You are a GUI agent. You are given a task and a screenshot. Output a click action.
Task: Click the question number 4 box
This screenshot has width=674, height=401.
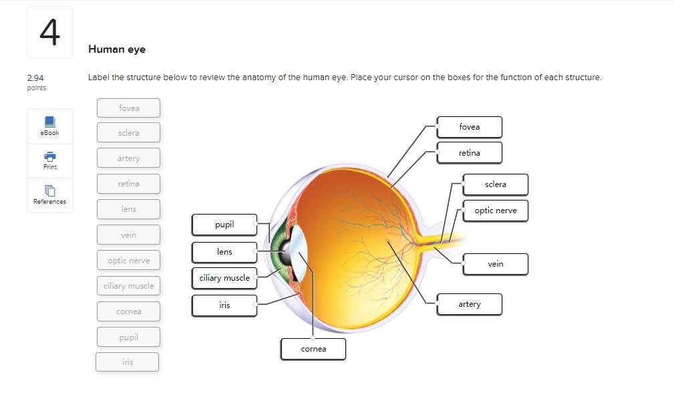coord(49,32)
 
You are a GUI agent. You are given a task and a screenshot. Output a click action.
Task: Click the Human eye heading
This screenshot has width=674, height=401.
coord(117,49)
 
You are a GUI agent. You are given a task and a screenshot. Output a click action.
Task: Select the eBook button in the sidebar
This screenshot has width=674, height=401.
coord(49,126)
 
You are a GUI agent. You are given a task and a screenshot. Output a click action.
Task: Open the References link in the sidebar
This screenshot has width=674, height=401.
coord(49,194)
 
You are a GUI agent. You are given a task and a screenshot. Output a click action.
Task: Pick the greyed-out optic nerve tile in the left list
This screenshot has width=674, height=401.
coord(128,260)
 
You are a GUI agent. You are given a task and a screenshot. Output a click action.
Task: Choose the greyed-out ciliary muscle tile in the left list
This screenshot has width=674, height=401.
coord(128,285)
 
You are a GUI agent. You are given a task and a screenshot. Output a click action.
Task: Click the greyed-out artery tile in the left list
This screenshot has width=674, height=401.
coord(128,158)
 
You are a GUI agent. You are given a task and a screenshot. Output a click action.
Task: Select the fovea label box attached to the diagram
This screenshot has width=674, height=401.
coord(469,127)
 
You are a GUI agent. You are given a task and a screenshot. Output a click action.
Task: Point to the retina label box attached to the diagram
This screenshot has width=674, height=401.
coord(469,153)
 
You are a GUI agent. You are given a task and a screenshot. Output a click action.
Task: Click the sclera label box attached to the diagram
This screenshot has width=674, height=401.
coord(495,184)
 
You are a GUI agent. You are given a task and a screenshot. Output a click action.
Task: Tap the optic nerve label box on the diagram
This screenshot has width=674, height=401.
coord(495,211)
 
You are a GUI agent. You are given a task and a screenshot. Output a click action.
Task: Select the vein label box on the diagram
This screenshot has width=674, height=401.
coord(495,264)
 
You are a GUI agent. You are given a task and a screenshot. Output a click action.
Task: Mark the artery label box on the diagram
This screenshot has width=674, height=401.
coord(469,304)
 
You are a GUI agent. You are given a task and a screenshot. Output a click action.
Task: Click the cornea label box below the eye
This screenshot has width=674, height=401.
coord(313,349)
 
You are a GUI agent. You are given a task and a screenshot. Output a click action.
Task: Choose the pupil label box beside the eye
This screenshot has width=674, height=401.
coord(224,225)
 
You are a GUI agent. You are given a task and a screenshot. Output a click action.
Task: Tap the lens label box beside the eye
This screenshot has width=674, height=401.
coord(224,252)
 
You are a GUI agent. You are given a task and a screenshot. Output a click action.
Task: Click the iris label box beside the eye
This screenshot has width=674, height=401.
coord(224,305)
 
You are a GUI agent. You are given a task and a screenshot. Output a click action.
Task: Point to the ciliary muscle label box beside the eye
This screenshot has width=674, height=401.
coord(224,278)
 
